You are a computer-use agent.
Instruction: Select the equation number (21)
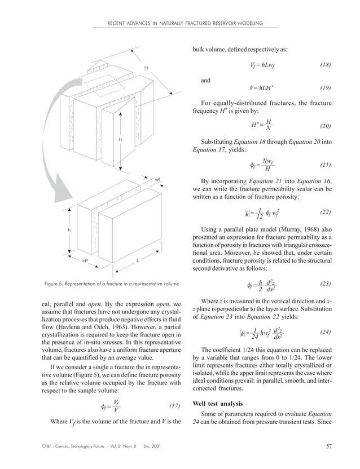tap(325, 165)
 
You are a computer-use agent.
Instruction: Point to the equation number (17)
tap(175, 406)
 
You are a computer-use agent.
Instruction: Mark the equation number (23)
tap(325, 284)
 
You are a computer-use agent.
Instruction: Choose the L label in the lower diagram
tap(138, 260)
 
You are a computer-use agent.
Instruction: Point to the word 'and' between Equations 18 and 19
tap(206, 81)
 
